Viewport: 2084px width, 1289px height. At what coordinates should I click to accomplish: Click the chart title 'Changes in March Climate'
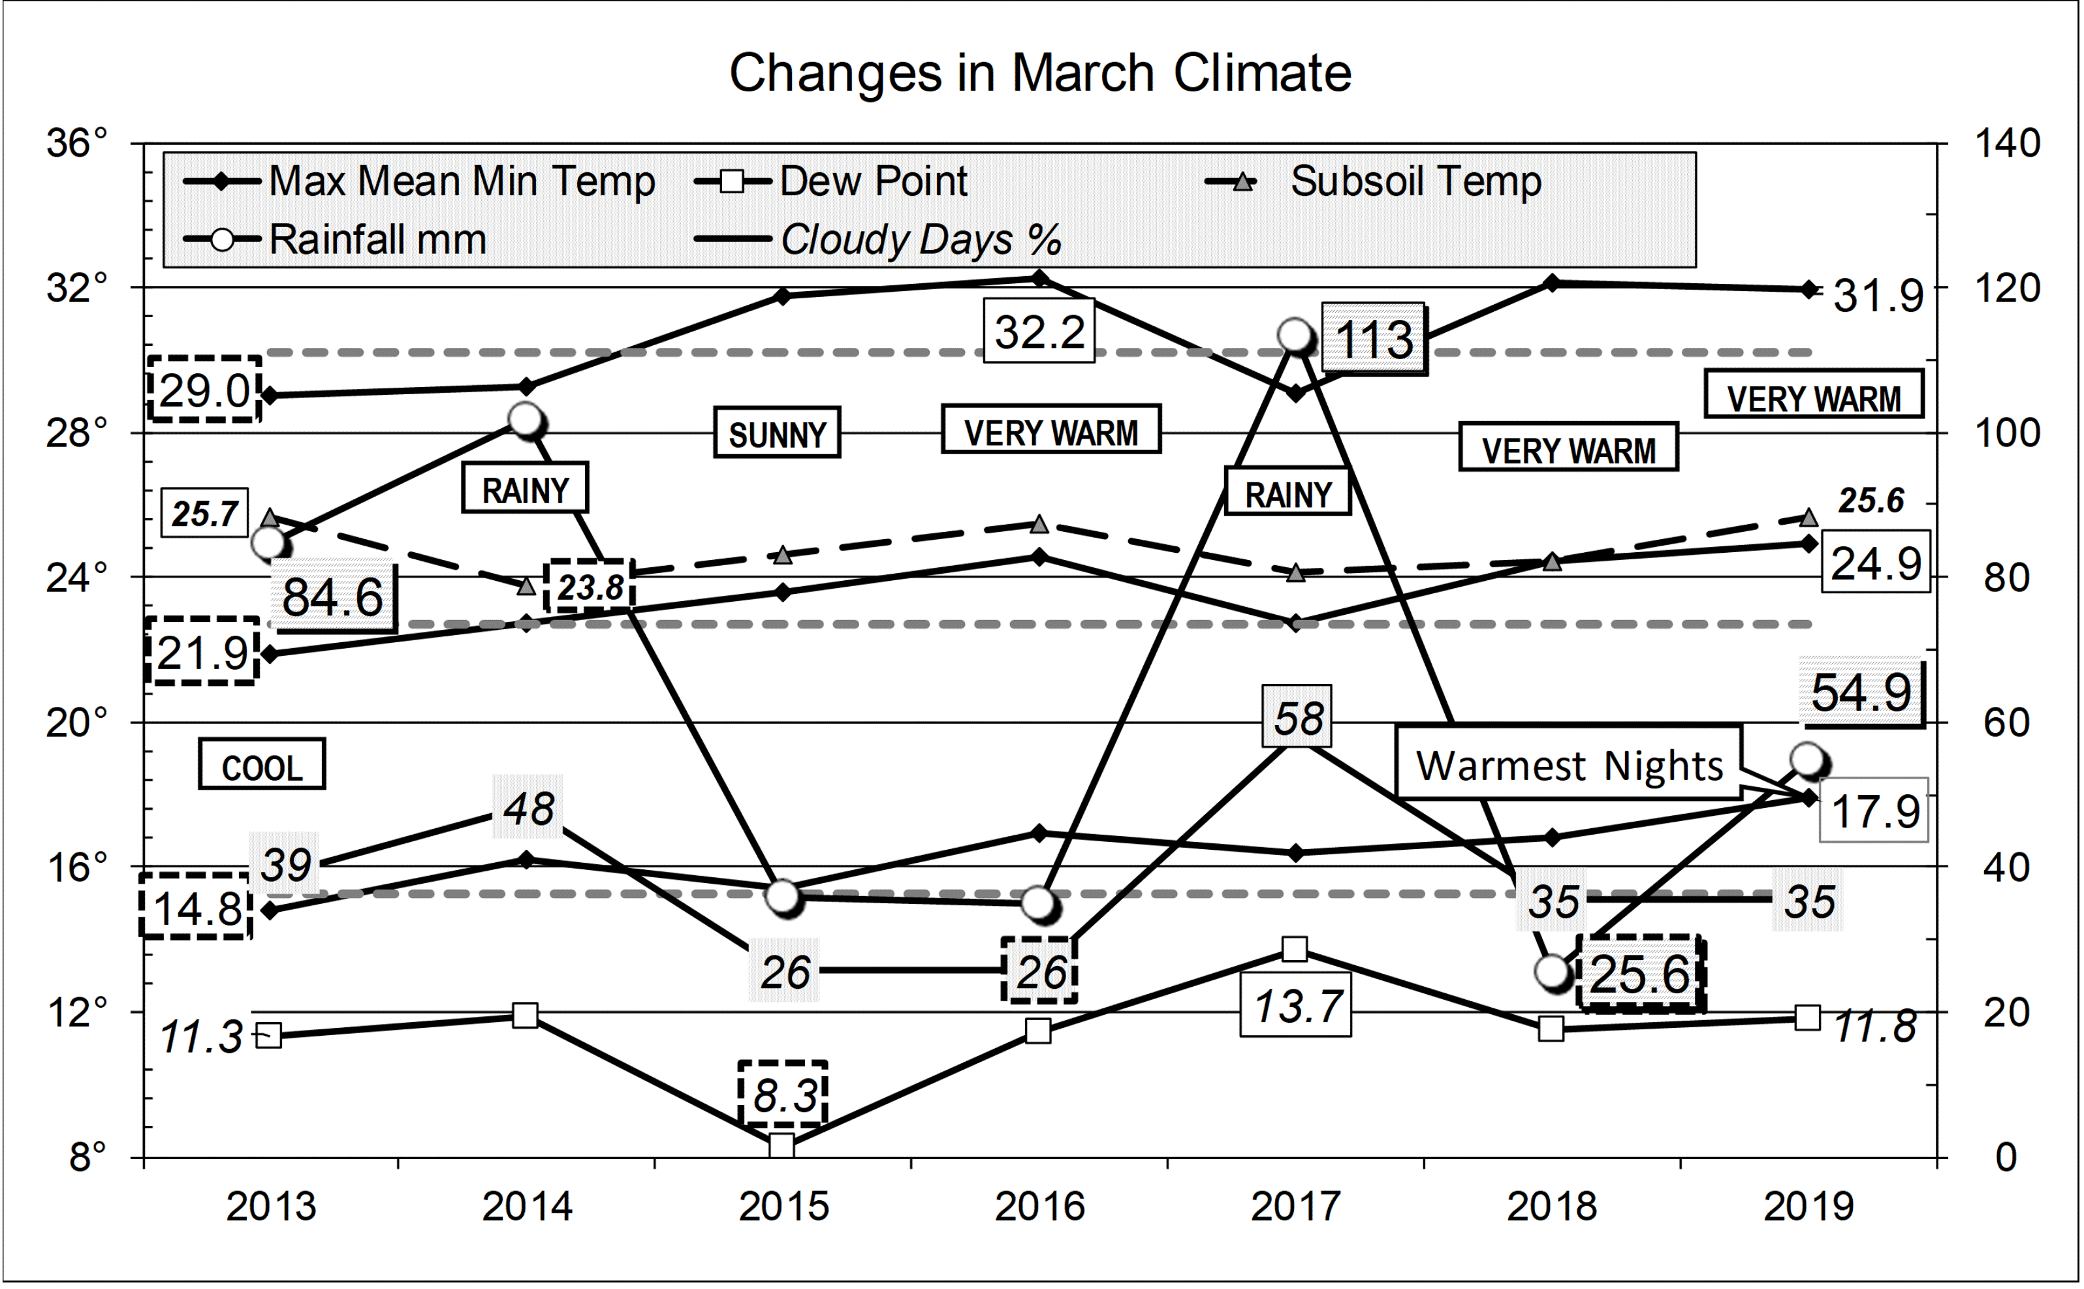pyautogui.click(x=1039, y=72)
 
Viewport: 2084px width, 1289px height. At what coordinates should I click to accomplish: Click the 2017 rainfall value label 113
pyautogui.click(x=1373, y=339)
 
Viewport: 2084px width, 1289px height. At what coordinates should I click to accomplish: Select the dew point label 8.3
pyautogui.click(x=783, y=1094)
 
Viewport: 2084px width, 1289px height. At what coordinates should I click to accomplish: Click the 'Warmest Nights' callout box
pyautogui.click(x=1568, y=764)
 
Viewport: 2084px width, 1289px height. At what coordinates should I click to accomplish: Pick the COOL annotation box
pyautogui.click(x=262, y=765)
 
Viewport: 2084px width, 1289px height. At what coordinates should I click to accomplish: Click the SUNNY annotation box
pyautogui.click(x=777, y=433)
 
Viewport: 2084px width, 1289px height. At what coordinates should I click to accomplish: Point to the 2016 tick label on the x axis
pyautogui.click(x=1039, y=1206)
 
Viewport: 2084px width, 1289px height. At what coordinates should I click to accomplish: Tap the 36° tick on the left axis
pyautogui.click(x=78, y=143)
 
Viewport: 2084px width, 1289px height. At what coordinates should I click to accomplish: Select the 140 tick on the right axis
pyautogui.click(x=2007, y=143)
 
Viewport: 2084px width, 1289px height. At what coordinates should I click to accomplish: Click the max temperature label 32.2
pyautogui.click(x=1039, y=331)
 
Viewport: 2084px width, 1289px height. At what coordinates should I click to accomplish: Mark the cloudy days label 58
pyautogui.click(x=1297, y=718)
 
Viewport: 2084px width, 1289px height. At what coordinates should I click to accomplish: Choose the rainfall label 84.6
pyautogui.click(x=332, y=596)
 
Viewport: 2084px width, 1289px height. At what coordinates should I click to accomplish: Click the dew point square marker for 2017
pyautogui.click(x=1295, y=949)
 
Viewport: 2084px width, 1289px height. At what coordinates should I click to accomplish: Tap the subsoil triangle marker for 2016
pyautogui.click(x=1039, y=524)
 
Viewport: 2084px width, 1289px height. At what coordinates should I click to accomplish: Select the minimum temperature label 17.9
pyautogui.click(x=1874, y=810)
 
